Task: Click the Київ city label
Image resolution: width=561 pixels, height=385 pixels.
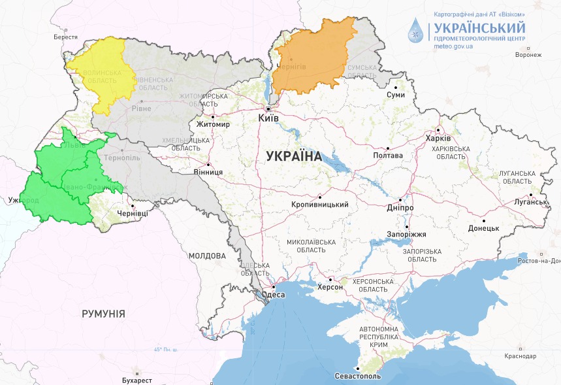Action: pyautogui.click(x=268, y=118)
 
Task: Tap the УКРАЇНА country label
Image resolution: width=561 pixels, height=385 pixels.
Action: pyautogui.click(x=294, y=156)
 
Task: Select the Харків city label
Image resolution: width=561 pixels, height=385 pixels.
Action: pyautogui.click(x=438, y=139)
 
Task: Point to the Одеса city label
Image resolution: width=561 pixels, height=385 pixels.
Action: pyautogui.click(x=273, y=295)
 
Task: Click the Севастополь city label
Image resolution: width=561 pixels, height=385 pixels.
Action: pyautogui.click(x=357, y=377)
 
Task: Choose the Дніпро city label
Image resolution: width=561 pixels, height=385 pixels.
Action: pyautogui.click(x=400, y=207)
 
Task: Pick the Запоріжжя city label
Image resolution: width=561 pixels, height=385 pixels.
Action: pyautogui.click(x=406, y=234)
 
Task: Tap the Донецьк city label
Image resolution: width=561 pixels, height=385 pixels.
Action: pyautogui.click(x=483, y=228)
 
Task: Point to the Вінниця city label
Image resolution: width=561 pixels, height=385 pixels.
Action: pyautogui.click(x=208, y=172)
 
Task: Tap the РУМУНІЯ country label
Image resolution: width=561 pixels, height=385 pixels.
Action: pyautogui.click(x=103, y=314)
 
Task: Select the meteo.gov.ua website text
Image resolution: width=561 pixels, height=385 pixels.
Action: pyautogui.click(x=453, y=48)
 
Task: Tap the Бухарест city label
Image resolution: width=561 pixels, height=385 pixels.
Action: pyautogui.click(x=136, y=380)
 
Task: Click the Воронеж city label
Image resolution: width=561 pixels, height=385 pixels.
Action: pyautogui.click(x=528, y=54)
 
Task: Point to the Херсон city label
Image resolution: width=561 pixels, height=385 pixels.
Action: pyautogui.click(x=330, y=286)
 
